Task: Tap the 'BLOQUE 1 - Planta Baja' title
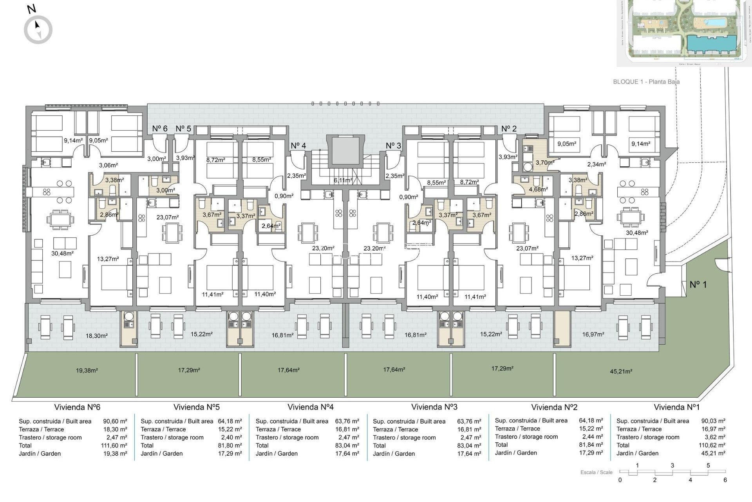(646, 82)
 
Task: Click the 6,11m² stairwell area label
(343, 180)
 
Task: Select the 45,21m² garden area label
(621, 371)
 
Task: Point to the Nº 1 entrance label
(698, 285)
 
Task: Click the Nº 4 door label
(298, 146)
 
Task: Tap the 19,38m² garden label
(87, 370)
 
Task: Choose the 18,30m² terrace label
(96, 336)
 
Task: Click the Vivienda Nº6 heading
(77, 407)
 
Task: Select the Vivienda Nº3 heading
(434, 407)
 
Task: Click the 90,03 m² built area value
(713, 421)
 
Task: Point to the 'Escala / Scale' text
(596, 472)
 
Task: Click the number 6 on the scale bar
(725, 480)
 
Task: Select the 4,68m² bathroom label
(538, 189)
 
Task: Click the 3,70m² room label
(545, 162)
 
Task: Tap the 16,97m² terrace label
(593, 335)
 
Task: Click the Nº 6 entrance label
(160, 129)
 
